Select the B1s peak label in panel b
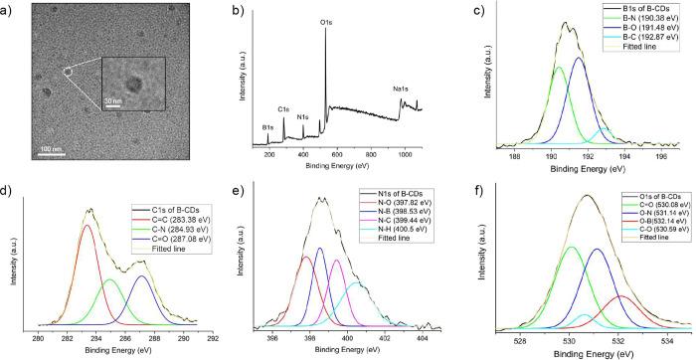coord(268,127)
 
